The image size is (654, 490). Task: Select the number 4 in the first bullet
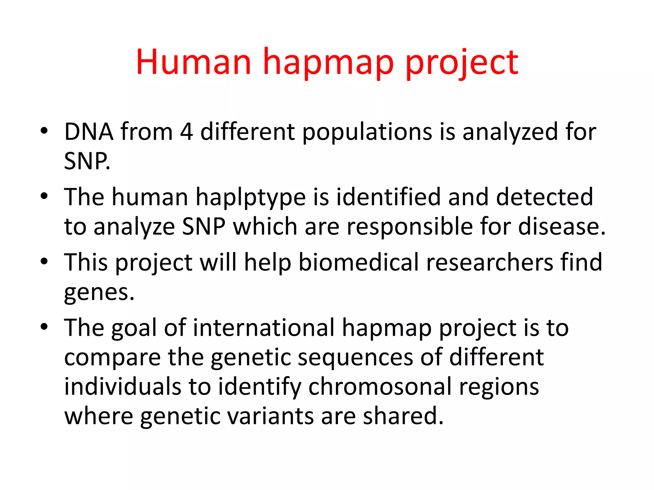click(186, 132)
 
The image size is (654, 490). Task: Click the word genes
click(99, 293)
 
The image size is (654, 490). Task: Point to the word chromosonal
click(380, 387)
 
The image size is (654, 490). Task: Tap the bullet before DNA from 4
click(44, 131)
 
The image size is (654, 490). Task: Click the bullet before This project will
click(44, 262)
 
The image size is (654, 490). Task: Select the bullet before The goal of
click(44, 327)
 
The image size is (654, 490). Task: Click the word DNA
click(89, 132)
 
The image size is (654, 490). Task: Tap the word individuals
click(123, 387)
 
